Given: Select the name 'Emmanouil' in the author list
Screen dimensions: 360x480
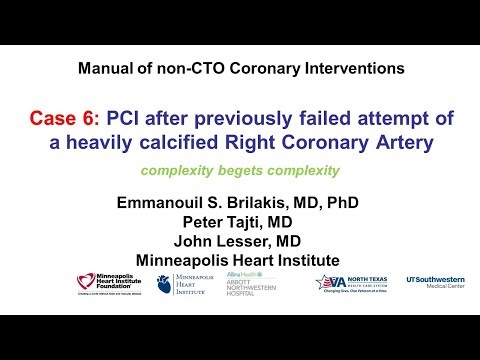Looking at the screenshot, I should click(165, 203).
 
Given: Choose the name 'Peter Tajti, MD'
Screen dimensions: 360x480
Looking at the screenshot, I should click(240, 223).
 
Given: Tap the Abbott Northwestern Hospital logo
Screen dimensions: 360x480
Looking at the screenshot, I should click(248, 284).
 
